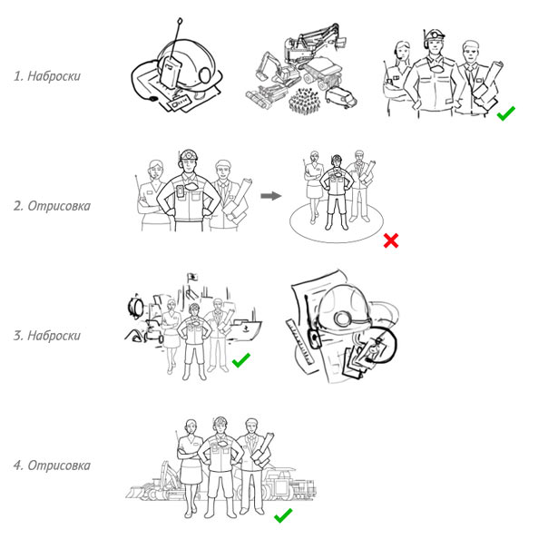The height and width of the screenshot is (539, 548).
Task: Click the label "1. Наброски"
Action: tap(47, 76)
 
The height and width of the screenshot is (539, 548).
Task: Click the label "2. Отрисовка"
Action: tap(52, 206)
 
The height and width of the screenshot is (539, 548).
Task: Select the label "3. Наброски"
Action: tap(47, 336)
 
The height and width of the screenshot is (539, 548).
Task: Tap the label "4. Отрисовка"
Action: tap(52, 465)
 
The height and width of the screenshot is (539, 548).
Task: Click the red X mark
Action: tap(391, 240)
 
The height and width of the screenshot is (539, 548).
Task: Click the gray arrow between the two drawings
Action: tap(271, 196)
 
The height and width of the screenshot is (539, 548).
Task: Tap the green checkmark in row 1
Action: tap(505, 113)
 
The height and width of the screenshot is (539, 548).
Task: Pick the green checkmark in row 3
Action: tap(241, 360)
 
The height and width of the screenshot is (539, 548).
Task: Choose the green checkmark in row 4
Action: tap(283, 515)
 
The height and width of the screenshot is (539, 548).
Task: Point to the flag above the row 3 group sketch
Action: tap(192, 277)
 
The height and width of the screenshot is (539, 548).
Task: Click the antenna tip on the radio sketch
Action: tap(180, 21)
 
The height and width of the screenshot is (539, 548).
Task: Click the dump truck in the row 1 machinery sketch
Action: tap(323, 73)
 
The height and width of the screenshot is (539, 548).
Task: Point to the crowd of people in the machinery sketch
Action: tap(305, 100)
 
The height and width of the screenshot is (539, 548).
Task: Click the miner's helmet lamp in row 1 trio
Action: tap(434, 35)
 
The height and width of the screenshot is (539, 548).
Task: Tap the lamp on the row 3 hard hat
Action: tap(341, 318)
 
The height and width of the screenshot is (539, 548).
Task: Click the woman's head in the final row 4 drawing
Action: tap(191, 426)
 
